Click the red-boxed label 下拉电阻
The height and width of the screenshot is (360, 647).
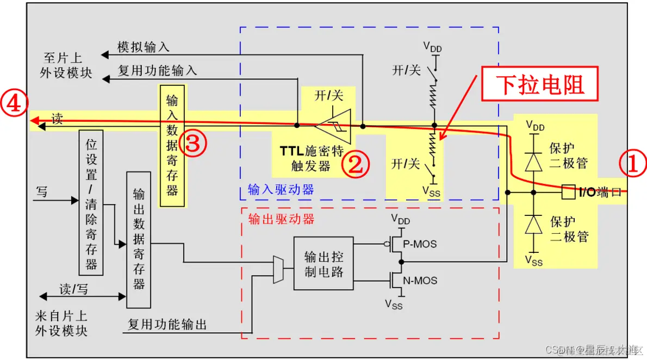(x=540, y=85)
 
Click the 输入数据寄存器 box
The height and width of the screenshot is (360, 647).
(x=172, y=146)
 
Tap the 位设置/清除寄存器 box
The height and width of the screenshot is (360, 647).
(x=91, y=202)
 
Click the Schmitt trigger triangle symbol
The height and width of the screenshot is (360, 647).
(x=333, y=126)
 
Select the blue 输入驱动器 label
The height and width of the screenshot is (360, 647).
(x=281, y=189)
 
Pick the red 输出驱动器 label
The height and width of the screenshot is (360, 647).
(x=281, y=219)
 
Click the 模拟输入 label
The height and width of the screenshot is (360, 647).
(x=144, y=47)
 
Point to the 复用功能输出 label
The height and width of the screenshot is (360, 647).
(x=167, y=325)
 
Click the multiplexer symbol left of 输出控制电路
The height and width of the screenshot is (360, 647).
(x=278, y=269)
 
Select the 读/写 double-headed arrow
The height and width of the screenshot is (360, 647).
(x=82, y=296)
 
